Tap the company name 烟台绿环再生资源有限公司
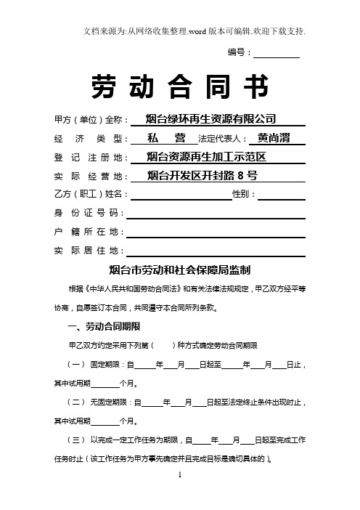click(x=211, y=119)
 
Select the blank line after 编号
click(x=277, y=53)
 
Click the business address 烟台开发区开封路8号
click(x=200, y=175)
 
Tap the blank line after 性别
click(x=281, y=194)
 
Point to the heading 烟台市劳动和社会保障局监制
click(x=180, y=270)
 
